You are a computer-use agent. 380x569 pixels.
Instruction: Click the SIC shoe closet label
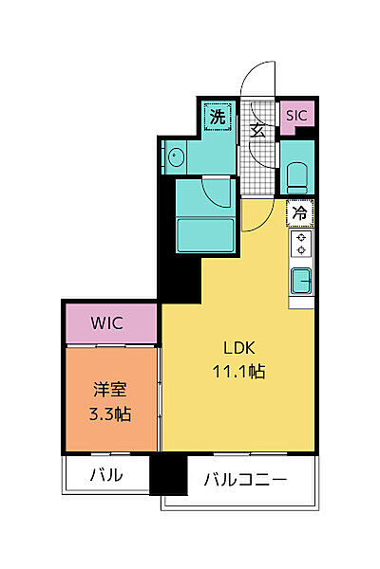click(x=296, y=116)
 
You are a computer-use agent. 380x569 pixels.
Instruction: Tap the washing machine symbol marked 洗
click(x=218, y=117)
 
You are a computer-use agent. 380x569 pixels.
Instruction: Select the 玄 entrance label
click(x=257, y=132)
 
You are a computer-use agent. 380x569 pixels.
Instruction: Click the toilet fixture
click(x=296, y=178)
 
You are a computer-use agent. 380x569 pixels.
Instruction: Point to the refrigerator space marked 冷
click(x=300, y=213)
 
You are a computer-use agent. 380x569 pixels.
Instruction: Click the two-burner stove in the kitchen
click(x=301, y=244)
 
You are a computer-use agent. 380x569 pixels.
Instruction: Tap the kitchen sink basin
click(x=301, y=281)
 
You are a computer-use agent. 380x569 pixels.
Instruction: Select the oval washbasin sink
click(x=176, y=157)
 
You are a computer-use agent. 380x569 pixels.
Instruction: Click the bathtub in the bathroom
click(x=205, y=235)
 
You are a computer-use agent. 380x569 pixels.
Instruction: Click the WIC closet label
click(x=107, y=323)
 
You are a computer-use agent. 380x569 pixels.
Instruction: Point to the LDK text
click(x=238, y=348)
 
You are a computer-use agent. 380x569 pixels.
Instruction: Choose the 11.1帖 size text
click(x=238, y=371)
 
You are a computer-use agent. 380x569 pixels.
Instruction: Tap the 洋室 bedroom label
click(x=110, y=390)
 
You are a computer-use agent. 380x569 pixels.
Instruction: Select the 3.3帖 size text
click(x=110, y=413)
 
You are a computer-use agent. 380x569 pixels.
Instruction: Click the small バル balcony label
click(x=106, y=475)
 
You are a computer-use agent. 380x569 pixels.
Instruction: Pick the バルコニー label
click(x=245, y=480)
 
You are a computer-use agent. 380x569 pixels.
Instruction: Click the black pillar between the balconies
click(x=168, y=475)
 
